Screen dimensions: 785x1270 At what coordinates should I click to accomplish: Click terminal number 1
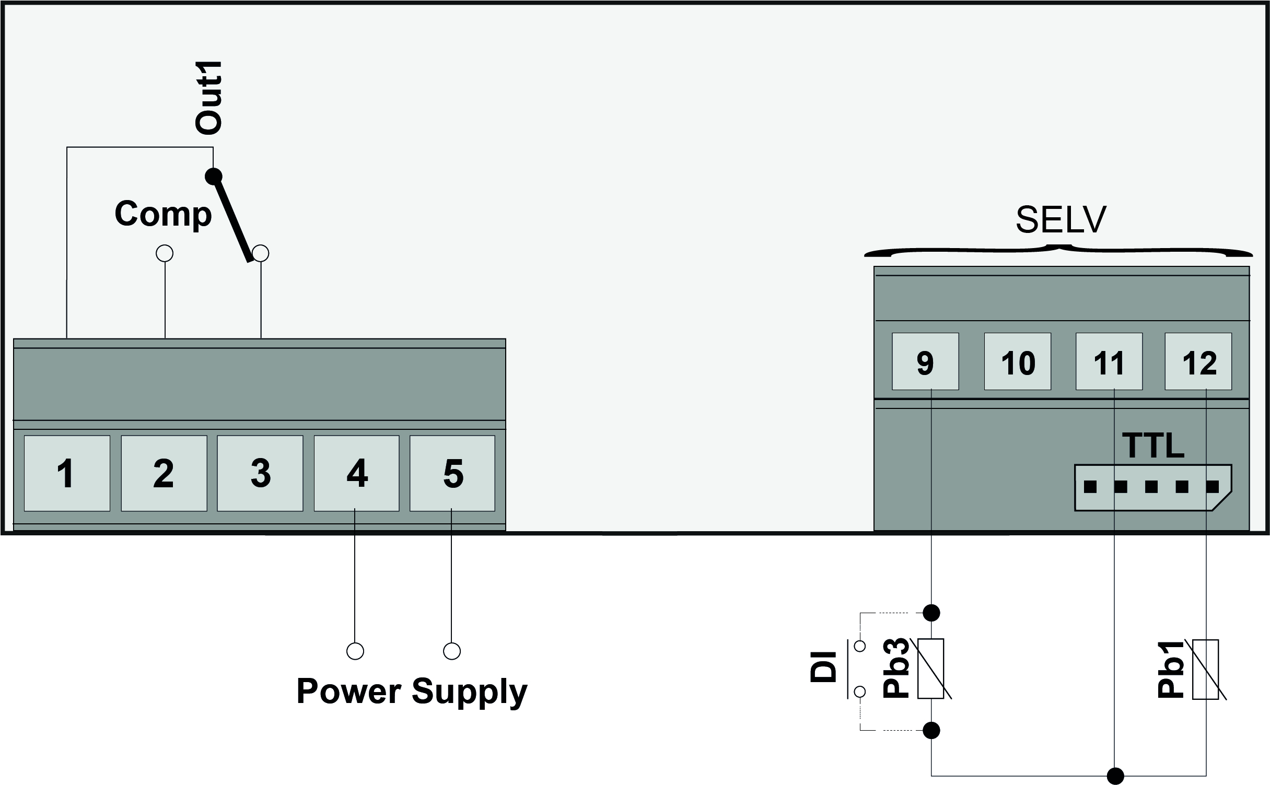[67, 473]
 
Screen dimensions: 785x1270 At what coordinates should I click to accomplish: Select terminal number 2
[164, 473]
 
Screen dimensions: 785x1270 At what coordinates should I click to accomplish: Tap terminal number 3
[260, 473]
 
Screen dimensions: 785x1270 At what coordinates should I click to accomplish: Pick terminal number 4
[356, 473]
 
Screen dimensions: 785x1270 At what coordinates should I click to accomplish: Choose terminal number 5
[452, 473]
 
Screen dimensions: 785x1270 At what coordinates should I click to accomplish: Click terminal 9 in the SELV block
[925, 361]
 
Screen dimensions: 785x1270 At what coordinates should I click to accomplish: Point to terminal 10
[1017, 361]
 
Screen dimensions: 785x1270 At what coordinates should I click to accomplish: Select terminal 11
[1109, 361]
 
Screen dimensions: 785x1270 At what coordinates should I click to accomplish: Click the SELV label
[1061, 220]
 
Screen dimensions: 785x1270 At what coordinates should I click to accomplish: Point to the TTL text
[1154, 445]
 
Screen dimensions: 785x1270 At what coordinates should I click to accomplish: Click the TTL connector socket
[1152, 487]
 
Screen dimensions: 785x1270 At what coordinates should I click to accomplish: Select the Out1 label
[208, 98]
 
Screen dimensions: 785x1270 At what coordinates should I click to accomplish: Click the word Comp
[163, 214]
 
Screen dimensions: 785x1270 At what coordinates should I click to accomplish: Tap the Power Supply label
[412, 692]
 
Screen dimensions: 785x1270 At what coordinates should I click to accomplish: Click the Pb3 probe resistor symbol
[931, 669]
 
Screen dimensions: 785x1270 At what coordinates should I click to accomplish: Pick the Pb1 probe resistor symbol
[1205, 670]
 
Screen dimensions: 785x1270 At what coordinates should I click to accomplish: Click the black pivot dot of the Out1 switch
[213, 175]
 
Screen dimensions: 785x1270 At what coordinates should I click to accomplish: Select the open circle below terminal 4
[355, 651]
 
